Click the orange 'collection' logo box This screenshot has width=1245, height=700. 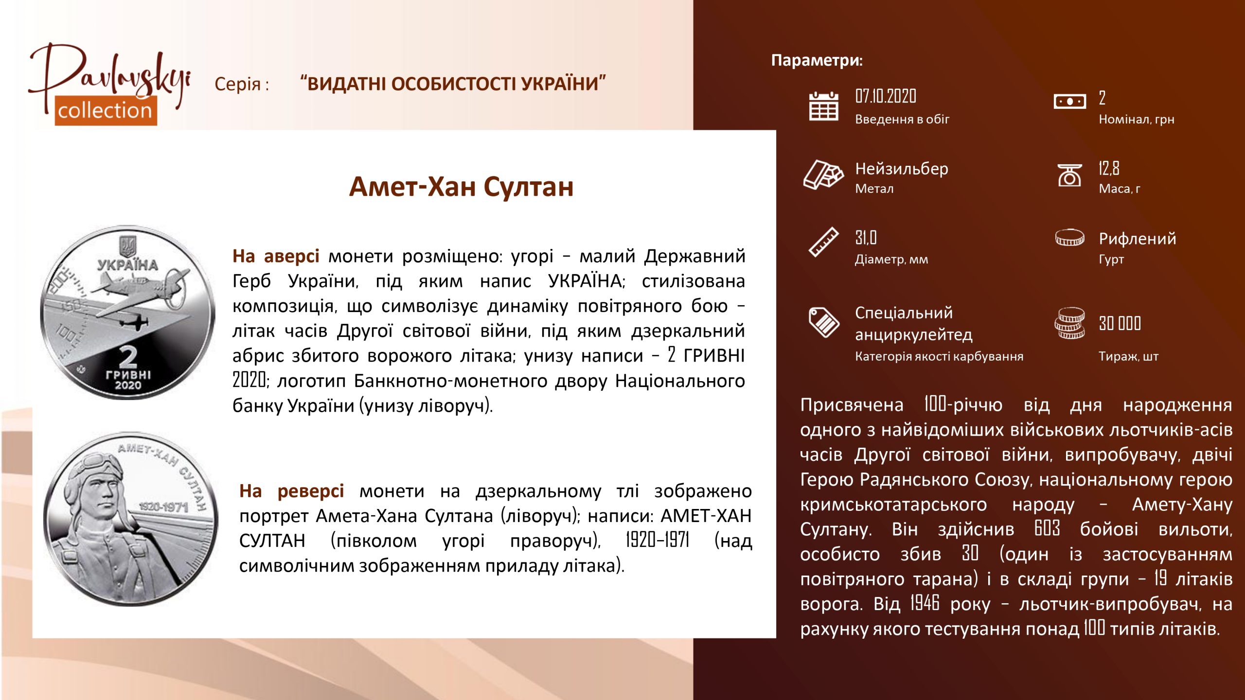click(x=106, y=110)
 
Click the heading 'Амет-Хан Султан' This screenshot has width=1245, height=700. click(x=461, y=187)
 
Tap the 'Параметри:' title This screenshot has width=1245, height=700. click(x=817, y=60)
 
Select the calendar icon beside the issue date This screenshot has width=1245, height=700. click(x=823, y=106)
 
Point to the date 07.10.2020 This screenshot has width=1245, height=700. click(x=886, y=96)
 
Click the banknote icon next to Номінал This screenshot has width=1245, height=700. click(x=1069, y=102)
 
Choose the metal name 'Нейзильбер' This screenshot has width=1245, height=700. click(x=902, y=169)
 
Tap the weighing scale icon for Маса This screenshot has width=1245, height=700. click(x=1069, y=175)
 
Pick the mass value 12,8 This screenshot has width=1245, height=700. click(x=1109, y=168)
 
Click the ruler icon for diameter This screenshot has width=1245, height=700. click(x=823, y=242)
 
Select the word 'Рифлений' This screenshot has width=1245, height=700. click(x=1138, y=239)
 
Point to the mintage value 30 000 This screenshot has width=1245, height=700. click(x=1120, y=323)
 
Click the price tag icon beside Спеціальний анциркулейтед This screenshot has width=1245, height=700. click(x=823, y=322)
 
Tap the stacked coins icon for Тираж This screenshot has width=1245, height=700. click(x=1069, y=323)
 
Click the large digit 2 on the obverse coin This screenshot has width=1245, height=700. click(x=128, y=357)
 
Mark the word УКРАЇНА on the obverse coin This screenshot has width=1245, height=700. click(x=128, y=265)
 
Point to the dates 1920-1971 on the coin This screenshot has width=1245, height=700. click(x=163, y=507)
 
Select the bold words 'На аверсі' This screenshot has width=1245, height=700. click(x=276, y=256)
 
